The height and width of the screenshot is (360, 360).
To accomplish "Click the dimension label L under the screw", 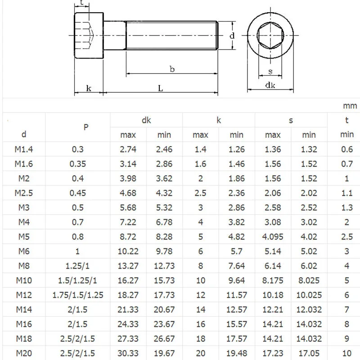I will [160, 88].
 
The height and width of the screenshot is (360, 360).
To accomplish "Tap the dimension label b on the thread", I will [172, 69].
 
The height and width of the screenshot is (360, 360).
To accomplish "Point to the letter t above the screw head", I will [81, 4].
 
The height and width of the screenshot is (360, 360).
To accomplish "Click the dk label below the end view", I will [270, 85].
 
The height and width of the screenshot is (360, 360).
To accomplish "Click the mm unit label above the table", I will [350, 106].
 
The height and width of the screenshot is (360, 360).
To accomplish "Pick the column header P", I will [86, 127].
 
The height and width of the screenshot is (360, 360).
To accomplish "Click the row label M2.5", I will [24, 193].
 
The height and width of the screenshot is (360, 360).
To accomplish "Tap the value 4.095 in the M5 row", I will [273, 237].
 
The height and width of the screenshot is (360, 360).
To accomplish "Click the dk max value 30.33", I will [128, 353].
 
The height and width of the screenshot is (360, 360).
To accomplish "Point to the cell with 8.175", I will [273, 280].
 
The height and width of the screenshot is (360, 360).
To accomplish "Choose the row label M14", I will [24, 309].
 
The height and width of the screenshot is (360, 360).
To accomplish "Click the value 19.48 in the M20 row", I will [236, 353].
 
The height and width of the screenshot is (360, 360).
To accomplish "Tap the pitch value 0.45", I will [77, 193].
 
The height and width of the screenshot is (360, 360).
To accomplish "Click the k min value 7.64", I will [236, 266].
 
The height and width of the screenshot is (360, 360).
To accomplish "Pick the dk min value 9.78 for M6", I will [164, 251].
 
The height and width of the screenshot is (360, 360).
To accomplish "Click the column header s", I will [291, 120].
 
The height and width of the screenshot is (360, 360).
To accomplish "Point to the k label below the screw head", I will [89, 88].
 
